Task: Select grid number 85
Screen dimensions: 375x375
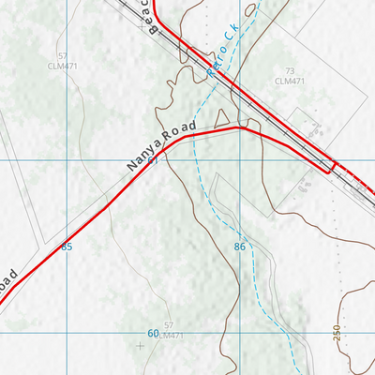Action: (66, 247)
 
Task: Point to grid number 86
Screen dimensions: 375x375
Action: (240, 247)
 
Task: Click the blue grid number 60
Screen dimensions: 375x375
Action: (153, 333)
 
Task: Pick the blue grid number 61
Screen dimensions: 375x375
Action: (153, 161)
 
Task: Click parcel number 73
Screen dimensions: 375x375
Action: (291, 71)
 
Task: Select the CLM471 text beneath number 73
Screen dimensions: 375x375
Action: (292, 82)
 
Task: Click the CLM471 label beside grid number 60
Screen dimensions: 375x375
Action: (168, 336)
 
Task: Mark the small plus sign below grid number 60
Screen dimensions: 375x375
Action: (141, 346)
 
